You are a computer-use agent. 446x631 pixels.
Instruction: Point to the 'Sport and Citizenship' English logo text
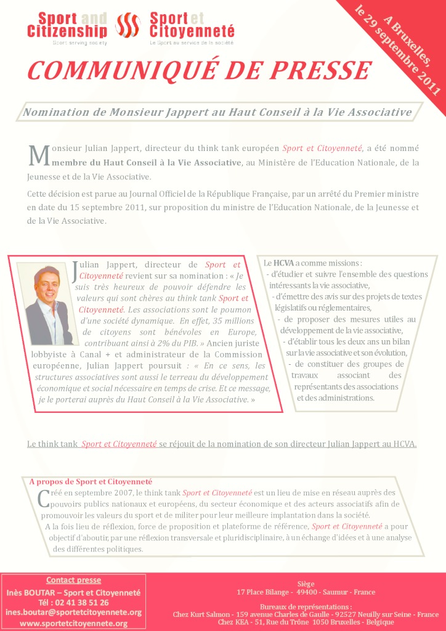tap(67, 25)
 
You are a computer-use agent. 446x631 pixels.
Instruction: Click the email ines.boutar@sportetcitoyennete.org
tap(73, 613)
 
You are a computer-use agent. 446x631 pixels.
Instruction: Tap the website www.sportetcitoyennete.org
tap(73, 623)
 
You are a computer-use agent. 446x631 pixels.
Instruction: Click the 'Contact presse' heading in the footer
tap(73, 580)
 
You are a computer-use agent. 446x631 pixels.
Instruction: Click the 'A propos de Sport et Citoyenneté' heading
tap(91, 481)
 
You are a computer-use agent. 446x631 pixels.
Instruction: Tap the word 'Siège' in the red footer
tap(306, 582)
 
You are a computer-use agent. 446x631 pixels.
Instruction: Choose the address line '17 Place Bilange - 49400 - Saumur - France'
tap(306, 592)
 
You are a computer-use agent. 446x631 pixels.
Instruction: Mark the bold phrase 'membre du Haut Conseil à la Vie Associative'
tap(147, 162)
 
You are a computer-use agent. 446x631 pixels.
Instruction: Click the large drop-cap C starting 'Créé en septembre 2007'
tap(43, 498)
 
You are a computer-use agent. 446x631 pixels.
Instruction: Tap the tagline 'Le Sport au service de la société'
tap(193, 44)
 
